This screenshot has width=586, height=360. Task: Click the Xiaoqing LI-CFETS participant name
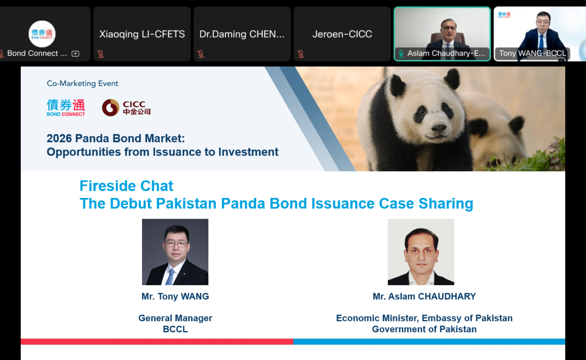(142, 34)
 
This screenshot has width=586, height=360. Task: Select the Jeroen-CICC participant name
(342, 34)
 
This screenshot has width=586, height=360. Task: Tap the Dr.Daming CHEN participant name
(242, 34)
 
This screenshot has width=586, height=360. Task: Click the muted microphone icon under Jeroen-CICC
(301, 54)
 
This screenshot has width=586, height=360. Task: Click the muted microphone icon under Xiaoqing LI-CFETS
(100, 54)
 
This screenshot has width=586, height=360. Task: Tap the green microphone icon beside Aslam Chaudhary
(401, 54)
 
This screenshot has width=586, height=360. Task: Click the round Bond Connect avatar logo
(42, 34)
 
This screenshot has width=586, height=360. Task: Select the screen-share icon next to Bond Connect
(75, 54)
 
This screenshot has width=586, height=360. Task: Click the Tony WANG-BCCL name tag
(532, 53)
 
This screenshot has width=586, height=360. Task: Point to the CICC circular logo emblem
(110, 108)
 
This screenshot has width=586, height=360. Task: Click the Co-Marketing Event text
(82, 83)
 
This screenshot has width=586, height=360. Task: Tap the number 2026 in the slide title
(59, 138)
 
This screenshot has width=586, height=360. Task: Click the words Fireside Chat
(126, 186)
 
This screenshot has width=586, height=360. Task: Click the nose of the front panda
(439, 128)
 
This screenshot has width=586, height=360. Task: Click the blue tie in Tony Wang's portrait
(170, 277)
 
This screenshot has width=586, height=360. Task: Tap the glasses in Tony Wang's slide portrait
(176, 244)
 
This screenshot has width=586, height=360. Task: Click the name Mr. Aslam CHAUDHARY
(424, 296)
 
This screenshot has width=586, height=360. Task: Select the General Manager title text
(175, 318)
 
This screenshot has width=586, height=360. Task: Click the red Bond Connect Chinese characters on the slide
(78, 105)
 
